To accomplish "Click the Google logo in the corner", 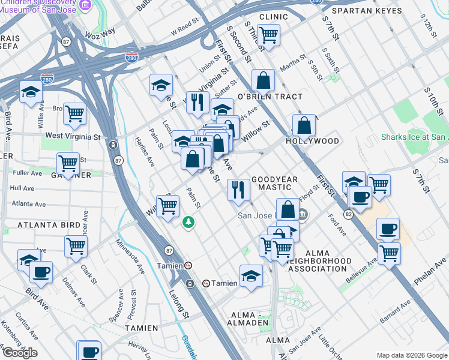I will pyautogui.click(x=20, y=353).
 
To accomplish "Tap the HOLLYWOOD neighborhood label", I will pyautogui.click(x=312, y=141).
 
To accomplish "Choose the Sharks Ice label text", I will pyautogui.click(x=414, y=137).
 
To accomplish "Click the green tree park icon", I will pyautogui.click(x=189, y=222).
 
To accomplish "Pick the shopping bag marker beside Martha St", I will pyautogui.click(x=263, y=80).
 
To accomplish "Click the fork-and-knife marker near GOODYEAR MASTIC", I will pyautogui.click(x=238, y=190).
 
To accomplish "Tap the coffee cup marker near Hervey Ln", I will pyautogui.click(x=90, y=352).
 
